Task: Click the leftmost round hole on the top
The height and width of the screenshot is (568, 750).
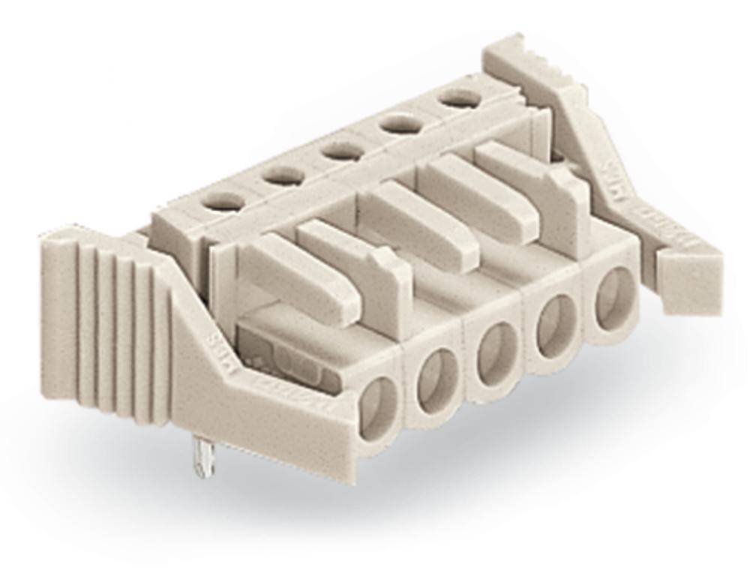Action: tap(226, 202)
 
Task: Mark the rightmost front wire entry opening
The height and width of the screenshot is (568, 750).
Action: tap(613, 296)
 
